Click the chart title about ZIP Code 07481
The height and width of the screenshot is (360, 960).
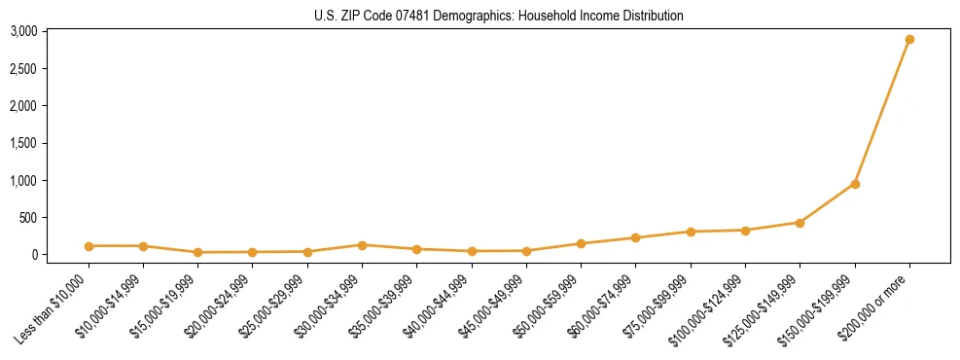point(499,16)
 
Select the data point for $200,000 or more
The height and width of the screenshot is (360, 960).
point(909,40)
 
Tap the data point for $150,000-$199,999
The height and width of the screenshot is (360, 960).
point(855,184)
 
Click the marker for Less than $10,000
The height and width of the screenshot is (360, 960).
point(89,246)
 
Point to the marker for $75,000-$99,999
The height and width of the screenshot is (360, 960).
point(691,232)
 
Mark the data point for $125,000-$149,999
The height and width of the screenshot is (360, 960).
point(800,223)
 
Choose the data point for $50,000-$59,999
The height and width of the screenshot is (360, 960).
point(581,244)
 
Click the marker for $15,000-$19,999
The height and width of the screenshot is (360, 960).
point(197,252)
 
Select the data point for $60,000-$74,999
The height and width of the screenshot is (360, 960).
point(635,237)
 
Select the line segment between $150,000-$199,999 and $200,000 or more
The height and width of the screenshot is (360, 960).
point(882,112)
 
